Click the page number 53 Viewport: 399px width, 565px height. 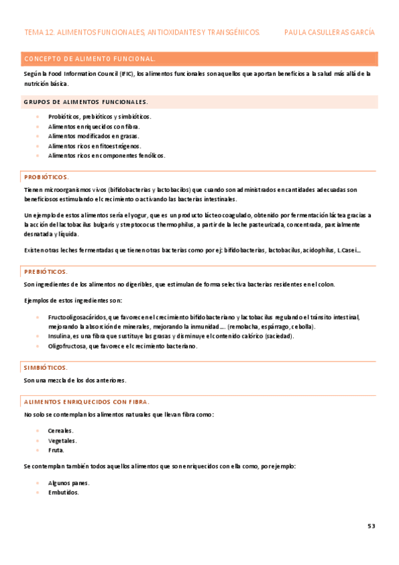pyautogui.click(x=371, y=526)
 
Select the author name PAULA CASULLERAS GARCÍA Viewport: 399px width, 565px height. pyautogui.click(x=328, y=32)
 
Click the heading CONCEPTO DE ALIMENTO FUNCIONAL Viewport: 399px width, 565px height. pyautogui.click(x=89, y=59)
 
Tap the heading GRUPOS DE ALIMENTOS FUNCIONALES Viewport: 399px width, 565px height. pyautogui.click(x=86, y=102)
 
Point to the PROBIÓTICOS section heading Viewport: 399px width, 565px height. pyautogui.click(x=46, y=177)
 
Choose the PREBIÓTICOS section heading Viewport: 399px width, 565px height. pyautogui.click(x=45, y=272)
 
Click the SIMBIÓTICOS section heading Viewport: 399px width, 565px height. pyautogui.click(x=45, y=367)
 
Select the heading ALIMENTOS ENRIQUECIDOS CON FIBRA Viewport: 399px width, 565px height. pyautogui.click(x=87, y=402)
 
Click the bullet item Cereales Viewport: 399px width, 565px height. pyautogui.click(x=61, y=430)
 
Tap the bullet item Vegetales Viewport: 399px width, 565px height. pyautogui.click(x=62, y=440)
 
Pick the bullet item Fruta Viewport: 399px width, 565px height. pyautogui.click(x=56, y=450)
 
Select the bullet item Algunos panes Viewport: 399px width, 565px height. pyautogui.click(x=69, y=482)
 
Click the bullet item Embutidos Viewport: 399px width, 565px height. pyautogui.click(x=63, y=492)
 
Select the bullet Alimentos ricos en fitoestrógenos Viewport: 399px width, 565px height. pyautogui.click(x=95, y=146)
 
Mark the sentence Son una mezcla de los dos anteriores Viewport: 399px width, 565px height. pyautogui.click(x=75, y=380)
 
